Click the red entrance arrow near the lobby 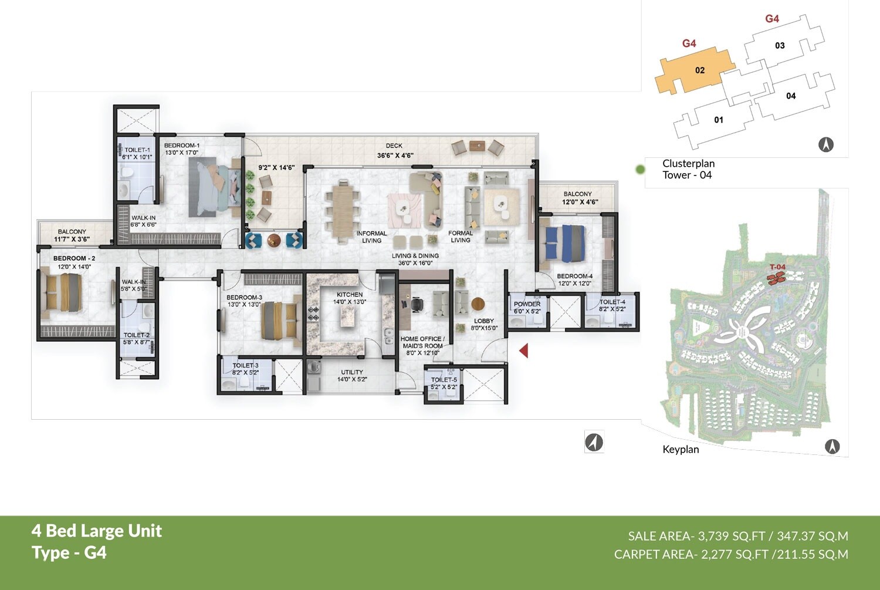coord(524,350)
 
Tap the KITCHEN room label coord(350,295)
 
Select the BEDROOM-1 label coord(182,146)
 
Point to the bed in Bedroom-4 coord(564,243)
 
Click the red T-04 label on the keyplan coord(777,267)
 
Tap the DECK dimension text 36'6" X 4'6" coord(395,156)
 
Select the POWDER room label coord(527,304)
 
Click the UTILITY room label coord(352,372)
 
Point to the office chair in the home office coord(417,304)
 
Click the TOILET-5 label coord(444,380)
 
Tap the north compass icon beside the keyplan coord(832,447)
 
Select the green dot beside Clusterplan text coord(640,170)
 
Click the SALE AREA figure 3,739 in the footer coord(713,536)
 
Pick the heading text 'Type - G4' coord(69,553)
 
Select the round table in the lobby coord(478,304)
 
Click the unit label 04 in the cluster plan coord(791,96)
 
